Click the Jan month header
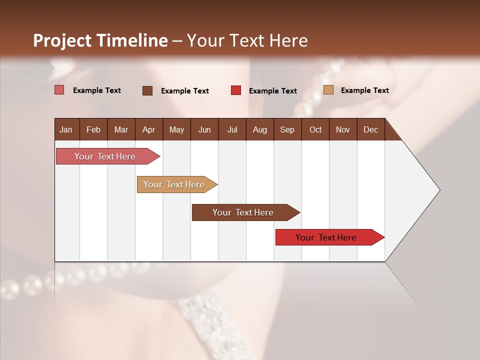click(66, 130)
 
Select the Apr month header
click(148, 130)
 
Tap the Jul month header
click(232, 130)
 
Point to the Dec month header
click(370, 130)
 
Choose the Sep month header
click(287, 130)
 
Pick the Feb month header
click(93, 130)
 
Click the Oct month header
click(315, 130)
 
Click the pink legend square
click(59, 90)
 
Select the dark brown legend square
click(147, 90)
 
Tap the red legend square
click(236, 90)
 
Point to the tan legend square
click(328, 90)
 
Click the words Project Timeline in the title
click(100, 40)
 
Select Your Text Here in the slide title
click(247, 40)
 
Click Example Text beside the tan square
click(364, 90)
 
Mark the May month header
click(176, 130)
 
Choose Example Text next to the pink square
click(97, 90)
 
